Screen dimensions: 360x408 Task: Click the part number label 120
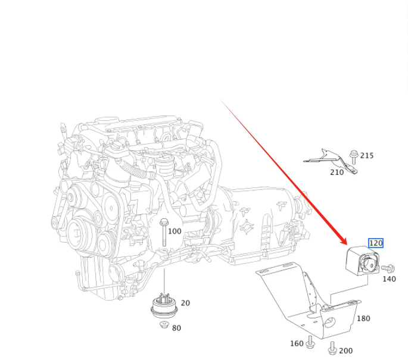pos(376,243)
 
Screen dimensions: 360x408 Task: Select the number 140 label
pos(389,278)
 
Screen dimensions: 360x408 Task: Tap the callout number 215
pos(367,156)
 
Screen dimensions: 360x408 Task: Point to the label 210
pos(337,173)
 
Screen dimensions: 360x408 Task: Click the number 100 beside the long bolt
pos(175,231)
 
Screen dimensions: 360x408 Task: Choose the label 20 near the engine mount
pos(185,303)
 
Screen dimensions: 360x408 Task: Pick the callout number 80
pos(177,328)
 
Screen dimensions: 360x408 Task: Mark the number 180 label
pos(363,318)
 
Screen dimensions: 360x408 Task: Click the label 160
pos(297,343)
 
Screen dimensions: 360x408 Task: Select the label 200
pos(346,351)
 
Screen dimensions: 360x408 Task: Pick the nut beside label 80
pos(163,324)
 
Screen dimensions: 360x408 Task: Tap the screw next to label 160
pos(310,343)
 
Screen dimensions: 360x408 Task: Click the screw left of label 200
pos(332,347)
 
